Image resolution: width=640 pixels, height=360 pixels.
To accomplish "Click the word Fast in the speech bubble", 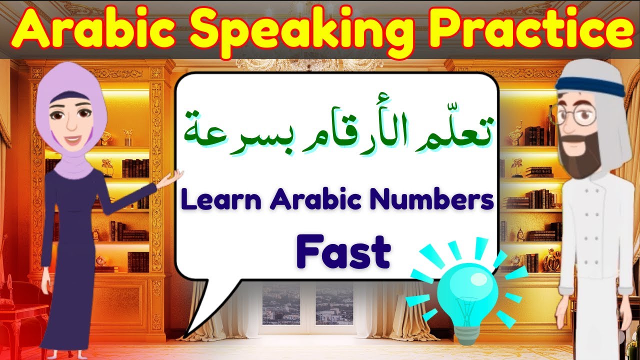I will point(343,252).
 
